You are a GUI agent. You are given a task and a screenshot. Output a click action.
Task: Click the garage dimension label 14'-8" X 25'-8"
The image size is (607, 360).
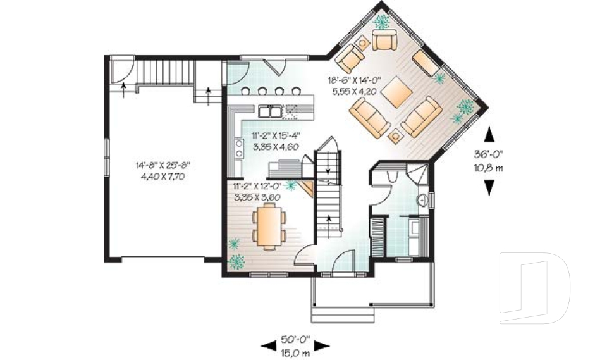(x=162, y=166)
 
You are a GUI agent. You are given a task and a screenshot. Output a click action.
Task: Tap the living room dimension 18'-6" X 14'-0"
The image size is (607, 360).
(x=355, y=80)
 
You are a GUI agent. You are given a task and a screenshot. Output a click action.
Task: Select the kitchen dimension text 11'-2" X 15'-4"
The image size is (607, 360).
(x=276, y=135)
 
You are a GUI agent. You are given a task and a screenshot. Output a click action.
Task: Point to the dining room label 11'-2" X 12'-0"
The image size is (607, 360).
(x=257, y=185)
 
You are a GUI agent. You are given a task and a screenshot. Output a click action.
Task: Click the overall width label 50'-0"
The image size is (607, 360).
(x=295, y=340)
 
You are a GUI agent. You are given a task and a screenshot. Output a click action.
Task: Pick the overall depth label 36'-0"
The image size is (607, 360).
(x=488, y=154)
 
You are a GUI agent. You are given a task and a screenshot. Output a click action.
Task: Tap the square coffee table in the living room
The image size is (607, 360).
(x=396, y=92)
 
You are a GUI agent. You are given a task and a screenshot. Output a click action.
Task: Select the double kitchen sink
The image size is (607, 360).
(x=270, y=111)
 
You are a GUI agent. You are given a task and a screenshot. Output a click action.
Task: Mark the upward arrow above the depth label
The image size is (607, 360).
(x=489, y=135)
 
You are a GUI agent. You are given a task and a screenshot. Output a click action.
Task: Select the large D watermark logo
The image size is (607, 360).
(x=534, y=288)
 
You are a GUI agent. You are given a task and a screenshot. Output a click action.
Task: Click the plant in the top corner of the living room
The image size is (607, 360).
(x=382, y=22)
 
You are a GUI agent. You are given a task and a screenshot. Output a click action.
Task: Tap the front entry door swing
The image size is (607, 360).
(x=344, y=261)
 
